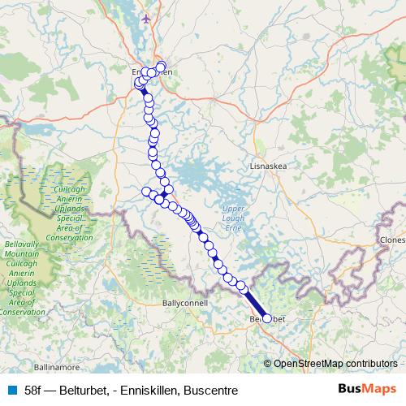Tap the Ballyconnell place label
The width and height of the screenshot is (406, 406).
[x=185, y=302]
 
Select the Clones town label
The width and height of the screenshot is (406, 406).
[x=391, y=241]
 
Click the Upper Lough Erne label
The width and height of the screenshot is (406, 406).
[x=233, y=218]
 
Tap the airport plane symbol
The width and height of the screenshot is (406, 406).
[x=146, y=18]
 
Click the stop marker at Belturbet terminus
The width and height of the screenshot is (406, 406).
[x=266, y=318]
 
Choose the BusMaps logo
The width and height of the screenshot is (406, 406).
[x=369, y=389]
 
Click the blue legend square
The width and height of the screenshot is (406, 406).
[x=12, y=389]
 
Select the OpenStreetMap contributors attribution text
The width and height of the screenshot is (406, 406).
[x=337, y=364]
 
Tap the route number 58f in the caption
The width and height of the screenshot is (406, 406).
[x=33, y=389]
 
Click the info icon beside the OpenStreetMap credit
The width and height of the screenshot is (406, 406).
[x=267, y=364]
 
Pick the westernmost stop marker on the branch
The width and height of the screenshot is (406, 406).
[x=147, y=192]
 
